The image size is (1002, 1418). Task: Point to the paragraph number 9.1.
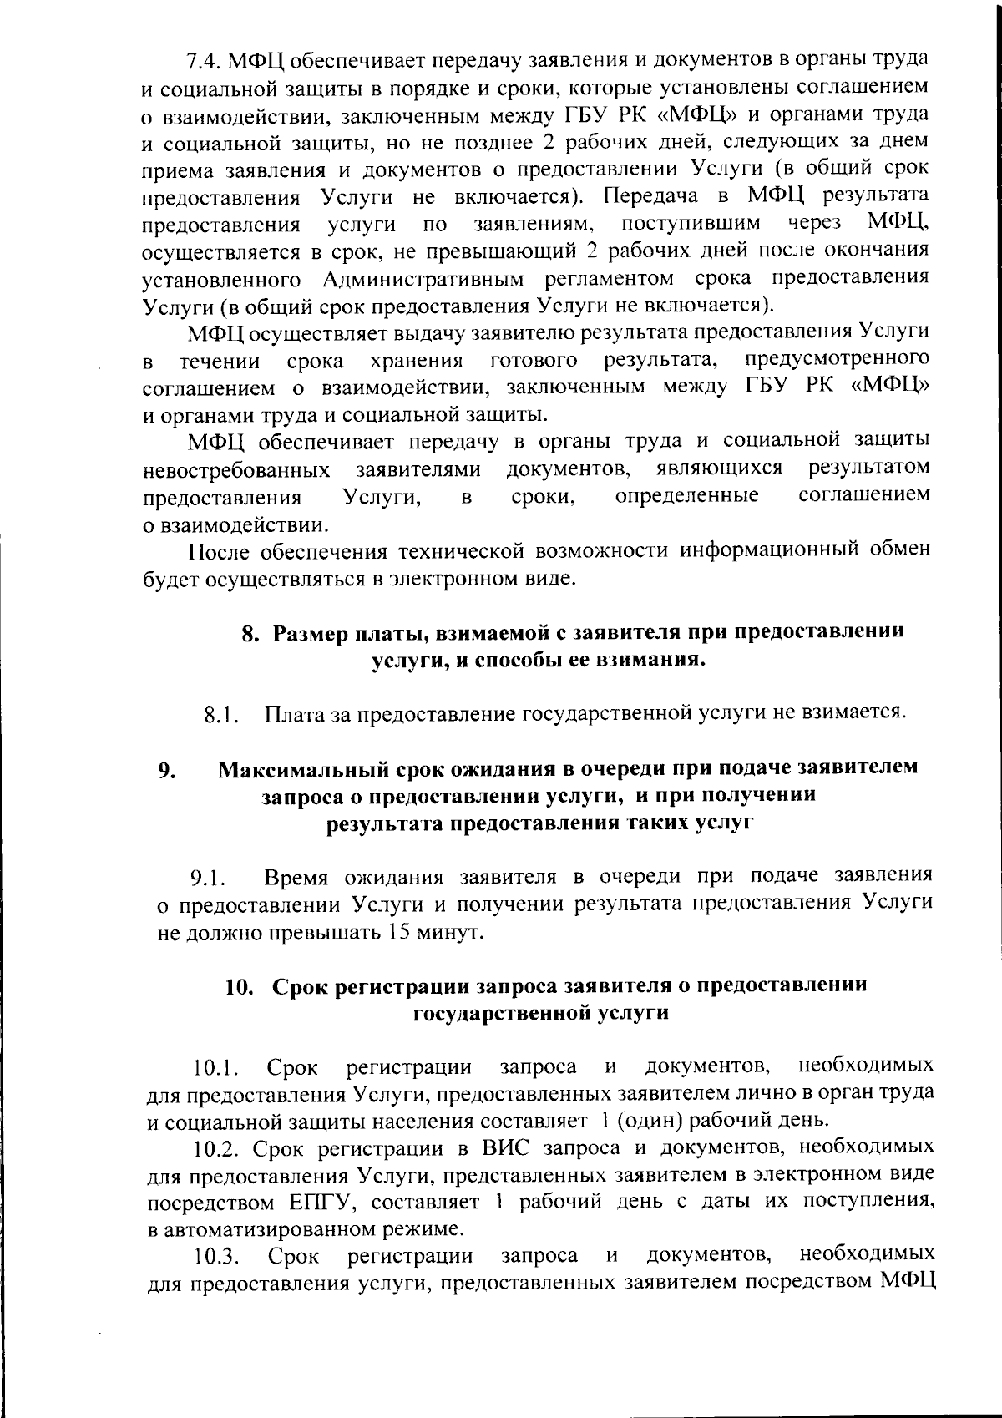coord(208,879)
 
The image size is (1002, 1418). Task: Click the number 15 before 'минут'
coord(401,933)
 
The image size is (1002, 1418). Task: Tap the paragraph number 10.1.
coord(216,1068)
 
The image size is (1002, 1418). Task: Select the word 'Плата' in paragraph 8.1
coord(292,715)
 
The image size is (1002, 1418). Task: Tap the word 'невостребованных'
coord(236,470)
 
